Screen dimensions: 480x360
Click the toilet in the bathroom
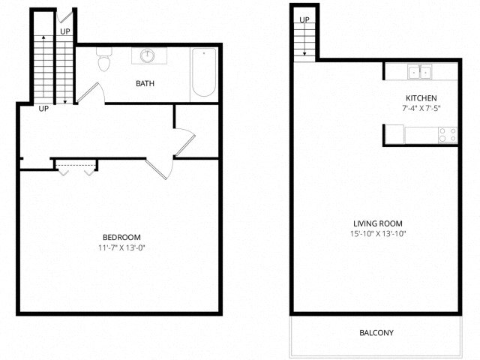(x=103, y=59)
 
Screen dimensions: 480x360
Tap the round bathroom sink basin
(x=148, y=55)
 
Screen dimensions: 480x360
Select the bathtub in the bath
(x=204, y=72)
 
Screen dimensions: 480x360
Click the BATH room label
(x=145, y=83)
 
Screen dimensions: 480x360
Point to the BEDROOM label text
(x=121, y=237)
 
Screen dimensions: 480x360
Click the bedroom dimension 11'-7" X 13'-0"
(x=121, y=247)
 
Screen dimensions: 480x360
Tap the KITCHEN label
(x=421, y=98)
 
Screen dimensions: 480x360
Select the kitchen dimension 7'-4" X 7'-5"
(x=421, y=108)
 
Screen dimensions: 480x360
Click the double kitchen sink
(x=420, y=72)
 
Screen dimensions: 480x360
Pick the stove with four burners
(x=448, y=135)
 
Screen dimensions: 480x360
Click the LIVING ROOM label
(x=378, y=223)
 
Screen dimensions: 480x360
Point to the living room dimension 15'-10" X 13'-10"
(x=378, y=233)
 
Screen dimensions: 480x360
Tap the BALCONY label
(x=376, y=333)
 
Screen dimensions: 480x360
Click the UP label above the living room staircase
(x=304, y=20)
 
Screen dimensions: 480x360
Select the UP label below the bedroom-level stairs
(x=43, y=109)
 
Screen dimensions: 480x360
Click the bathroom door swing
(x=91, y=92)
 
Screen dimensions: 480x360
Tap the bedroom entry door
(x=159, y=168)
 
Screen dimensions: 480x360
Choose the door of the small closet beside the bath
(x=184, y=142)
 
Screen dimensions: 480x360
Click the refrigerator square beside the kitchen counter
(x=394, y=134)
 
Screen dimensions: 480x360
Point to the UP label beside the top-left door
(x=65, y=31)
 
